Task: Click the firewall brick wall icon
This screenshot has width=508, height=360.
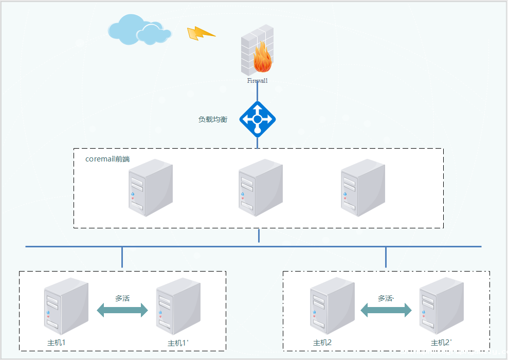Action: point(257,50)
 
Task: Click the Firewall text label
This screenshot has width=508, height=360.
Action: point(257,81)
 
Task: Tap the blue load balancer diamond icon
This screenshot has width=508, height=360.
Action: point(258,119)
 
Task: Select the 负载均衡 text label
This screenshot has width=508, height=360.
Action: point(213,119)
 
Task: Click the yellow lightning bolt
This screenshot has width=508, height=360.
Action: point(201,33)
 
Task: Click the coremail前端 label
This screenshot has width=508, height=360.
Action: point(107,159)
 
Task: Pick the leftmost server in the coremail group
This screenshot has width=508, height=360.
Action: point(151,187)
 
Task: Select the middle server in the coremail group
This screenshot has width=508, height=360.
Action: point(261,187)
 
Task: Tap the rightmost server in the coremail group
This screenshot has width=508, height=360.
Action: point(363,187)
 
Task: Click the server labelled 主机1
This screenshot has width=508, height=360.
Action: point(66,307)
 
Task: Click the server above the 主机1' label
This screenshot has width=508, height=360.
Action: point(178,307)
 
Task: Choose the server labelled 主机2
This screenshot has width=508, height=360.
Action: point(332,307)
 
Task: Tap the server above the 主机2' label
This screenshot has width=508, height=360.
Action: point(441,307)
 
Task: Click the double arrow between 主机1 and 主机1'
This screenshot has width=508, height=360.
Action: point(122,310)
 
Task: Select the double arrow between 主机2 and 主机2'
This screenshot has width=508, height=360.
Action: point(386,310)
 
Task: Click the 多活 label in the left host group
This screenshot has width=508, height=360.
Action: point(122,298)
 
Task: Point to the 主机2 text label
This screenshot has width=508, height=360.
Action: point(322,343)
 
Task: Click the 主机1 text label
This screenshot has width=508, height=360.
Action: point(56,343)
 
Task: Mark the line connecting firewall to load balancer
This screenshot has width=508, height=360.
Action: point(257,93)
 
